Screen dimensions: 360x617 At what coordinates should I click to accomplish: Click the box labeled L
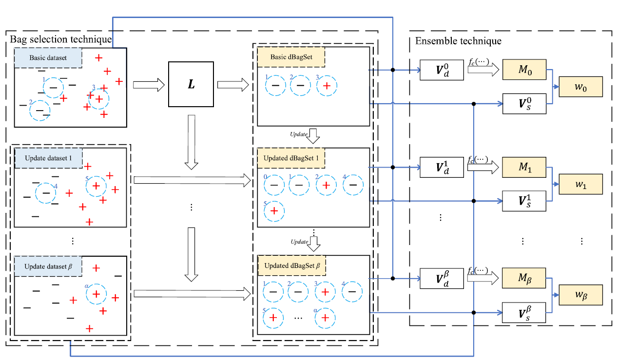coord(191,84)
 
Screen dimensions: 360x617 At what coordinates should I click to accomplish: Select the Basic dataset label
coord(48,58)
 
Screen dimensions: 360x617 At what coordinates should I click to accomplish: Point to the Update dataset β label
coord(48,266)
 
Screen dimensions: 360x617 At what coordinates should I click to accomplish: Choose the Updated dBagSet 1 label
coord(291,158)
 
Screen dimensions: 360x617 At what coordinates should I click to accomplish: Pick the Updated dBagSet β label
coord(291,266)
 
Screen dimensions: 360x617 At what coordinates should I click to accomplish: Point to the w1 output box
coord(581,185)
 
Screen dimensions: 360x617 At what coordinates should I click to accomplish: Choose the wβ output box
coord(581,295)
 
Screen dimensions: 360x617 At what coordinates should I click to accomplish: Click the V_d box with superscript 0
coord(442,71)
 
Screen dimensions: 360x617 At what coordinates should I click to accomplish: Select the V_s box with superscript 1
coord(524,201)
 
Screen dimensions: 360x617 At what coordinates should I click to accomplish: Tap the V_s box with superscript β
coord(524,312)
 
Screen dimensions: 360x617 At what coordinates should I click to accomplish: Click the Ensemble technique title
coord(458,41)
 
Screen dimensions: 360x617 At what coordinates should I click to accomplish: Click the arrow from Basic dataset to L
coord(149,86)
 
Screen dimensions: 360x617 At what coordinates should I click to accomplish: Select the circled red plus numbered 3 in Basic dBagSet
coord(327,86)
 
